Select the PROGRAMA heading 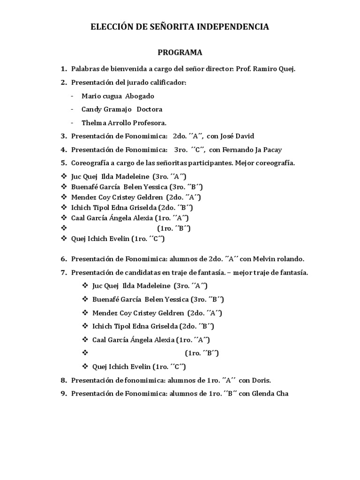(180, 52)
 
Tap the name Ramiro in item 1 (264, 69)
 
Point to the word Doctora (150, 109)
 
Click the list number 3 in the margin (63, 136)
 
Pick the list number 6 (63, 259)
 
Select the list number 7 (63, 272)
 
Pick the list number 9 (63, 394)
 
